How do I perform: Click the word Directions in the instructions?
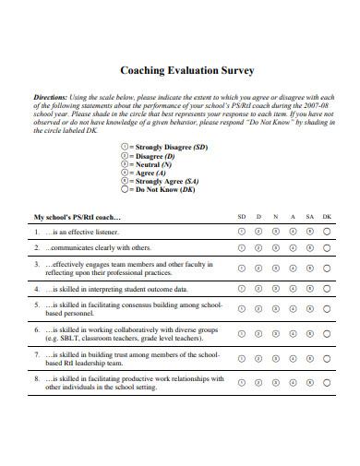(x=51, y=97)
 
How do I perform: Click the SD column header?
(x=242, y=218)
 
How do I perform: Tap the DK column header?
(x=326, y=218)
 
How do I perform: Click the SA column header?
(x=308, y=218)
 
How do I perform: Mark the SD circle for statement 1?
(x=242, y=233)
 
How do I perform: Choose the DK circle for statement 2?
(x=326, y=248)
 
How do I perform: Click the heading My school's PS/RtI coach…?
(x=78, y=218)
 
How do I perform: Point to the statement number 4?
(x=37, y=289)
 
